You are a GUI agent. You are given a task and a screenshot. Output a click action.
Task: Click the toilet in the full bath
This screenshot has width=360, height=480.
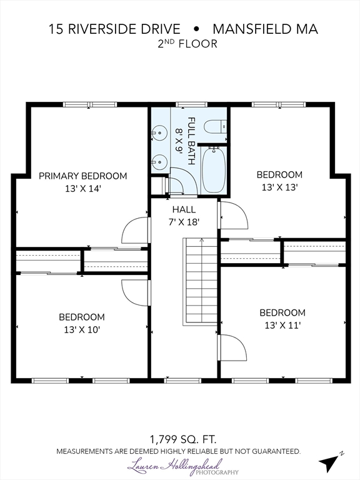(215, 126)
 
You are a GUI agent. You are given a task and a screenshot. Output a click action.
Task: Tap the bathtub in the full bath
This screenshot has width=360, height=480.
(214, 170)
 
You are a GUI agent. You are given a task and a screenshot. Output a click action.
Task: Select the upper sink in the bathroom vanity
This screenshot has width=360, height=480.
(159, 133)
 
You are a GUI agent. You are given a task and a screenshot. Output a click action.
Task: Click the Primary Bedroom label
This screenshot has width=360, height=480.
(82, 176)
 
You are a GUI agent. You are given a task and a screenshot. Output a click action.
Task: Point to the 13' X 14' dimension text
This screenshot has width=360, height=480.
(82, 189)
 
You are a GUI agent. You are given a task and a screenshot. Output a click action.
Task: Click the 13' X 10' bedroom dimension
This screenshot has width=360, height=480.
(82, 330)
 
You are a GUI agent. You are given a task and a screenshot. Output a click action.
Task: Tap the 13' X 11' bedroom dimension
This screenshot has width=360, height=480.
(282, 325)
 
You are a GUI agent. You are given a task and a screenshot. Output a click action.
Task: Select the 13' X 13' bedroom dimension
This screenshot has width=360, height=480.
(279, 187)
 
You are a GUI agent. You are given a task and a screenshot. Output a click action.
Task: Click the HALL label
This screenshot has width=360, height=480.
(184, 209)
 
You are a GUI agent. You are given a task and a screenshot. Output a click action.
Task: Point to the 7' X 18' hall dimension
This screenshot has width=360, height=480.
(184, 222)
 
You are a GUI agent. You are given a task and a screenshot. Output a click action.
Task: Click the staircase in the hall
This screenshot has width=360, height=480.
(200, 282)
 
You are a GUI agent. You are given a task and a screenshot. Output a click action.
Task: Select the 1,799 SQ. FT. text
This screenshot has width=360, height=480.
(182, 439)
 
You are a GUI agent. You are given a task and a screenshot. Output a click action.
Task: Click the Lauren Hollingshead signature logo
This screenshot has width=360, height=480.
(182, 467)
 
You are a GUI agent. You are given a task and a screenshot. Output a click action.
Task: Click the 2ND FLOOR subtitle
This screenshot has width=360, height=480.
(187, 44)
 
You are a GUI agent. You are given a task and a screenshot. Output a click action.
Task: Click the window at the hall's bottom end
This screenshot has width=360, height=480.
(182, 381)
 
